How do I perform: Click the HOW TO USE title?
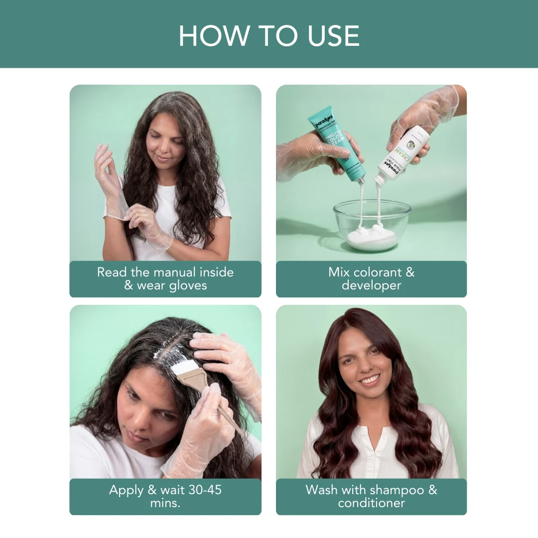[x=269, y=35]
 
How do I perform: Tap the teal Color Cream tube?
[x=336, y=142]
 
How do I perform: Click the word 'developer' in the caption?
[x=371, y=285]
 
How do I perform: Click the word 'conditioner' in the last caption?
[x=371, y=503]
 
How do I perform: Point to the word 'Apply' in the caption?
[x=126, y=490]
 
